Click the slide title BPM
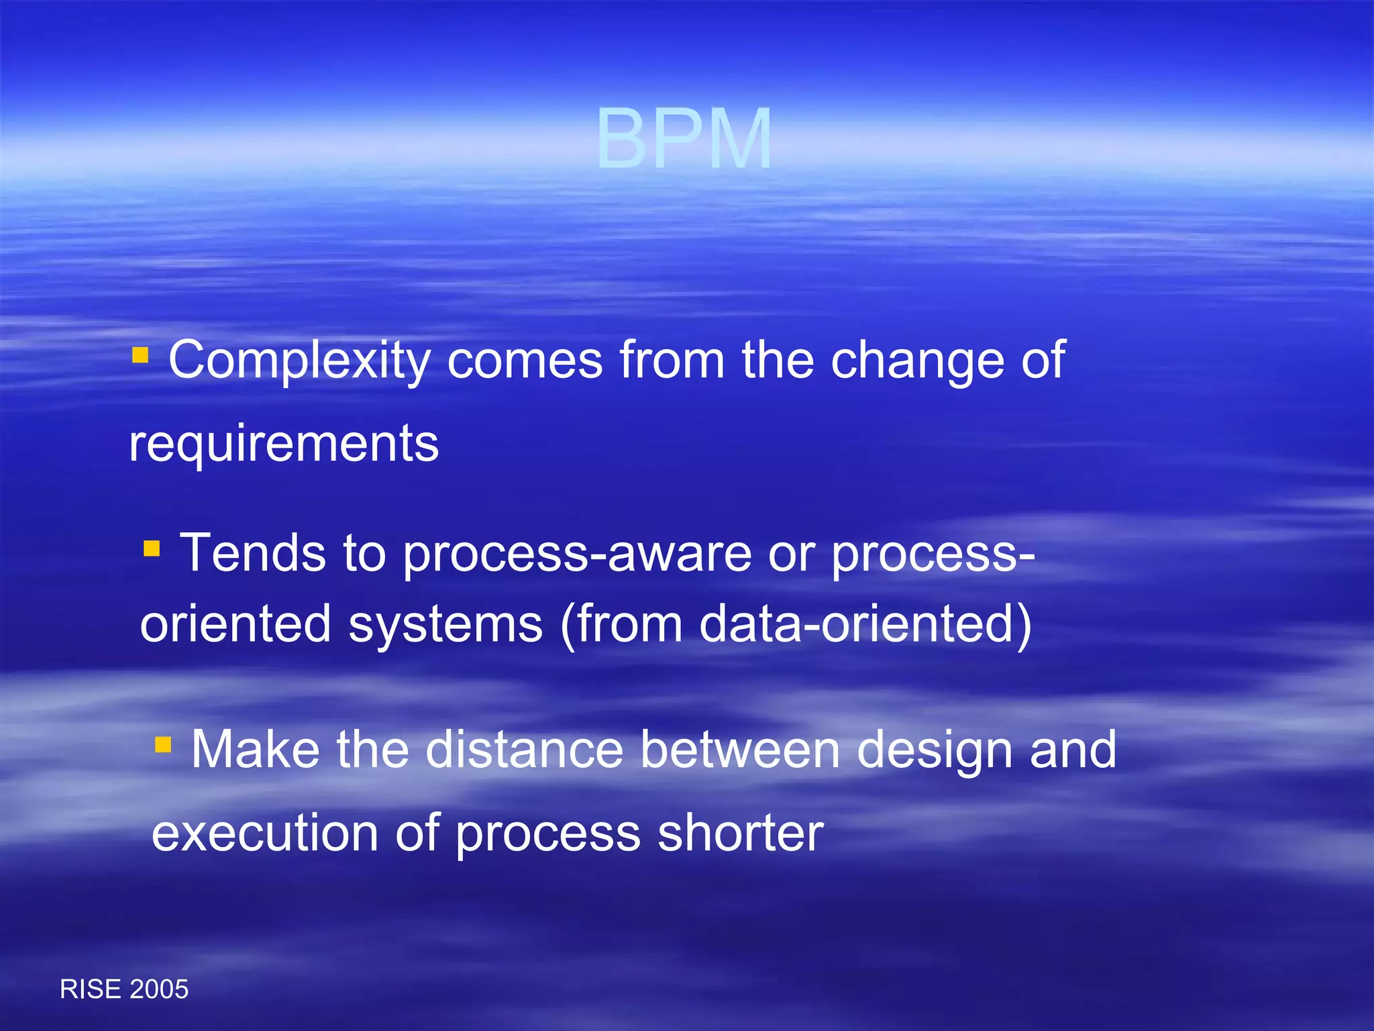pyautogui.click(x=684, y=139)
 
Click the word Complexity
pyautogui.click(x=299, y=360)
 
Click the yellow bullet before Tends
pyautogui.click(x=152, y=548)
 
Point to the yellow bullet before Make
pyautogui.click(x=163, y=744)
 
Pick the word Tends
pyautogui.click(x=253, y=553)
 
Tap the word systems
pyautogui.click(x=445, y=624)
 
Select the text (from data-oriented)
pyautogui.click(x=796, y=625)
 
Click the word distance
pyautogui.click(x=525, y=749)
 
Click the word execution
pyautogui.click(x=265, y=833)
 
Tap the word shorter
pyautogui.click(x=740, y=833)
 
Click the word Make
pyautogui.click(x=256, y=749)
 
